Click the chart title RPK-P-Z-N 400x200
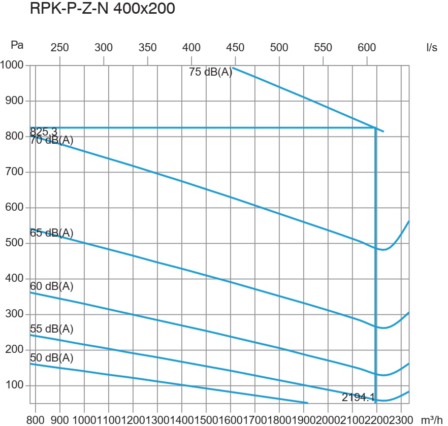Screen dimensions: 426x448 [x=103, y=9]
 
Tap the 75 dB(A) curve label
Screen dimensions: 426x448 [x=210, y=72]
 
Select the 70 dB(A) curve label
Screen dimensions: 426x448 [x=52, y=140]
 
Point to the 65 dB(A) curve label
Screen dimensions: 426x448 [x=52, y=233]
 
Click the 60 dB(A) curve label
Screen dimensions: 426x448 [x=52, y=286]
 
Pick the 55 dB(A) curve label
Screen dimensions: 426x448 [x=52, y=329]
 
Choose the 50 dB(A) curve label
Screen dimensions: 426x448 [x=52, y=358]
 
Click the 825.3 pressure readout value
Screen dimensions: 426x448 [x=44, y=132]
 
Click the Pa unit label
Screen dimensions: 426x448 [x=17, y=45]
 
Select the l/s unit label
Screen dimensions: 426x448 [x=432, y=48]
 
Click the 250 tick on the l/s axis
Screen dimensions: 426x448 [x=60, y=48]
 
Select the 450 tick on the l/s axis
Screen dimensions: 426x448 [x=235, y=48]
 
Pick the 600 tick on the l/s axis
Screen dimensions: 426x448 [x=367, y=48]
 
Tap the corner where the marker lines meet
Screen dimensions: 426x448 [x=375, y=128]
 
